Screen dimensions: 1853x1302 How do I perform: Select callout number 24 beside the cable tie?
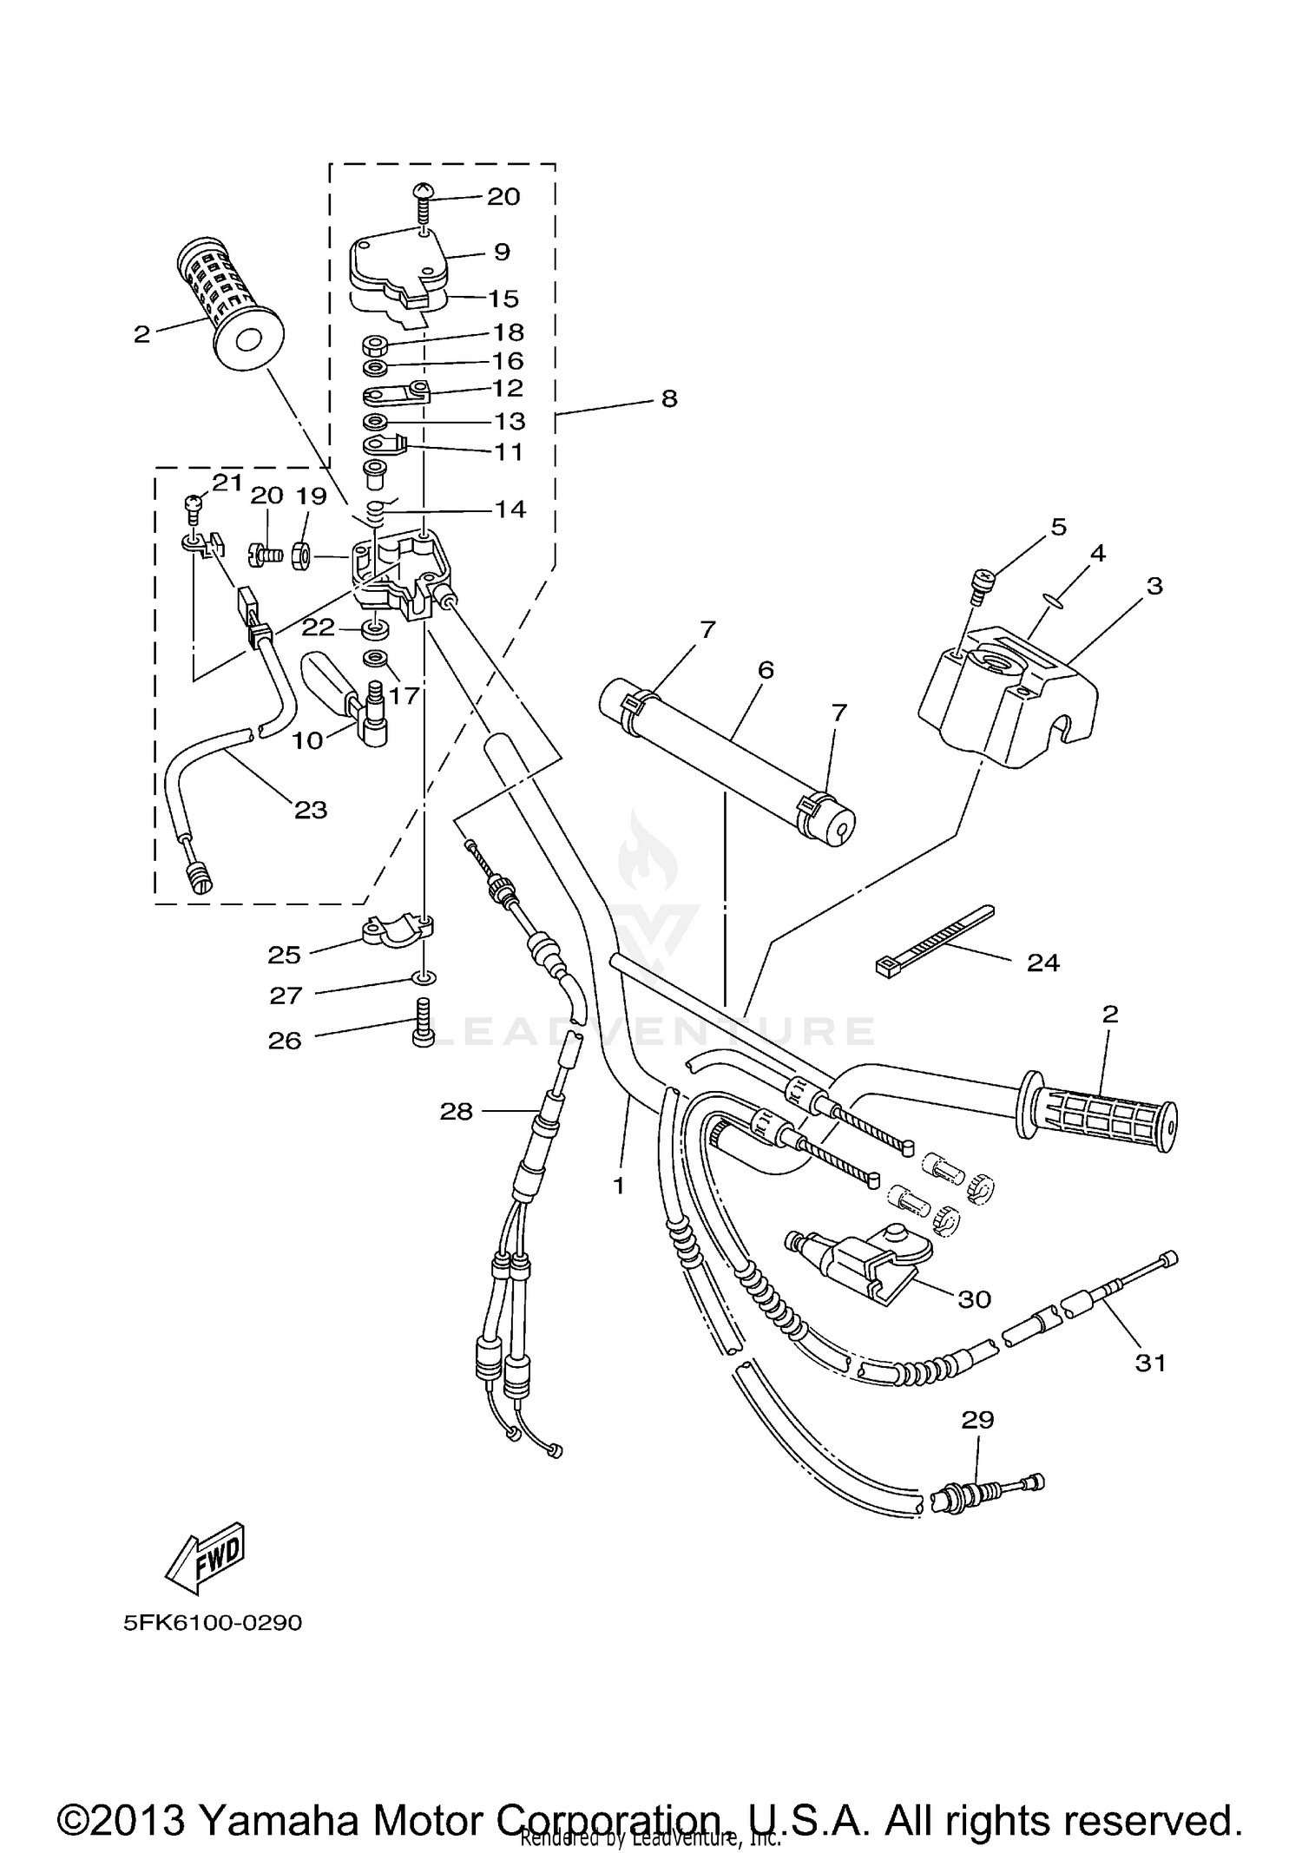(1043, 963)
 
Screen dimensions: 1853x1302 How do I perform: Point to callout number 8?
(668, 399)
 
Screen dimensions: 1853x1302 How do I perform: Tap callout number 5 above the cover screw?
(1058, 527)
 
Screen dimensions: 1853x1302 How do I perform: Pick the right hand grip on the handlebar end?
(1101, 1119)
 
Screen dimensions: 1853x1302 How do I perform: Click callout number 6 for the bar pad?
(765, 669)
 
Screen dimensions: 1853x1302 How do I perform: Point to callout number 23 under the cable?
(311, 810)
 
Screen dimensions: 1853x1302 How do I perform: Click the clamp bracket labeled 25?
(395, 931)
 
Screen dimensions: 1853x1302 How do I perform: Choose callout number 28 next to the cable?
(457, 1111)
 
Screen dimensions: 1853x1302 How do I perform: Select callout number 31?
(1151, 1363)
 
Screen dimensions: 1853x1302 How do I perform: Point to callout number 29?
(977, 1420)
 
